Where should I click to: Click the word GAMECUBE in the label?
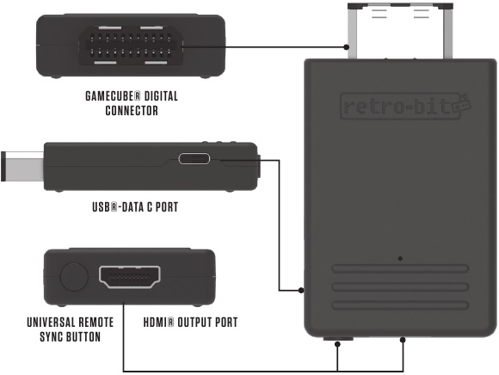click(x=110, y=96)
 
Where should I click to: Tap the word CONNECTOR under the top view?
click(x=132, y=111)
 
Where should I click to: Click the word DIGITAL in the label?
click(x=161, y=96)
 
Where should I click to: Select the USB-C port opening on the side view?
click(x=194, y=158)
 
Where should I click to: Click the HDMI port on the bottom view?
click(x=130, y=277)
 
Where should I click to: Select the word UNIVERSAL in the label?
click(x=51, y=323)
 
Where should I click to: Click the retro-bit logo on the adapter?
click(x=405, y=107)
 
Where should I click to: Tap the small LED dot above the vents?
click(x=400, y=259)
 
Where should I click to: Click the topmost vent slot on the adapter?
click(x=400, y=268)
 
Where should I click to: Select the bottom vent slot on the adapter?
click(x=400, y=305)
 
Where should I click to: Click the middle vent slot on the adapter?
click(x=400, y=287)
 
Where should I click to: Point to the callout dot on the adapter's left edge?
click(x=301, y=290)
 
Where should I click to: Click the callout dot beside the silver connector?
click(x=346, y=47)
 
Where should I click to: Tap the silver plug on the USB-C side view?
click(x=22, y=166)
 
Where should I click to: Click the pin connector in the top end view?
click(x=131, y=46)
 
